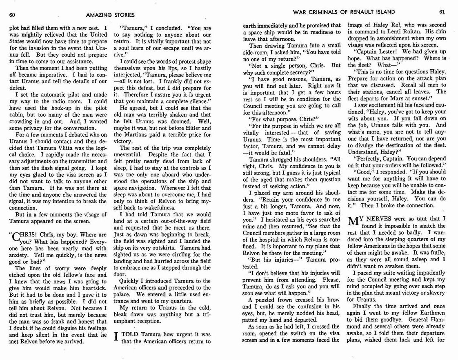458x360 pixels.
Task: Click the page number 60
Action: pos(12,15)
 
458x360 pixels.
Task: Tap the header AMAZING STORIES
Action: pos(110,15)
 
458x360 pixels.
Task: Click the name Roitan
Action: pos(409,32)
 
